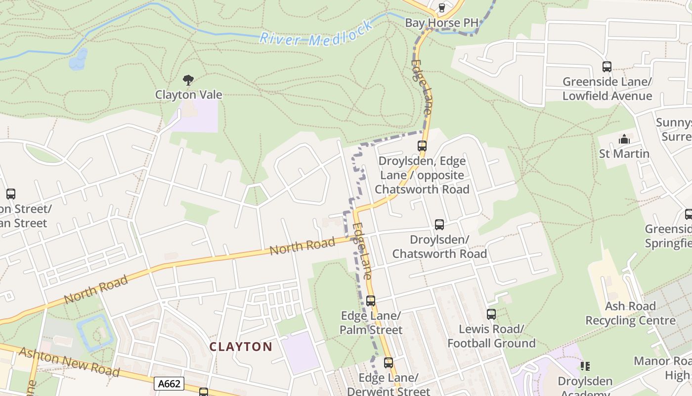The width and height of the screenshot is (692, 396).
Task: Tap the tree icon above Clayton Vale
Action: [x=188, y=80]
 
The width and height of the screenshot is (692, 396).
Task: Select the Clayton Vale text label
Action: [x=188, y=95]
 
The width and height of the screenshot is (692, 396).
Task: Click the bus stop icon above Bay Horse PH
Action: [x=442, y=7]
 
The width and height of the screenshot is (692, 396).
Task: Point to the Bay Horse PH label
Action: [x=441, y=23]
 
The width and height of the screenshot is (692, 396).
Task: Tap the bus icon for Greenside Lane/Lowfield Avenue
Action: [x=606, y=66]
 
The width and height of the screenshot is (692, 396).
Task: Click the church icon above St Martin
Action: [x=624, y=139]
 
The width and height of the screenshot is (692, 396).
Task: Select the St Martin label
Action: [x=624, y=153]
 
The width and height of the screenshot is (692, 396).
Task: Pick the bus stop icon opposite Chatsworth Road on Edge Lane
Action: [x=422, y=146]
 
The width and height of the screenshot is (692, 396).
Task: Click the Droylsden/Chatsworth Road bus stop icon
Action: [x=439, y=225]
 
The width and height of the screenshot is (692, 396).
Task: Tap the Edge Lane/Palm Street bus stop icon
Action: [x=371, y=300]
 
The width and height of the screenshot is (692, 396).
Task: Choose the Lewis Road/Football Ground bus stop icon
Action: [x=491, y=314]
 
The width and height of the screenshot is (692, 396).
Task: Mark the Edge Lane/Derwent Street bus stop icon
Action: [x=389, y=362]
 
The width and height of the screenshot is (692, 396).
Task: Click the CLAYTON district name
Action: [x=241, y=346]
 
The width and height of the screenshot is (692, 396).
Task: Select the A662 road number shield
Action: [x=169, y=384]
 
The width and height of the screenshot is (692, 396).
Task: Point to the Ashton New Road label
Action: [x=69, y=361]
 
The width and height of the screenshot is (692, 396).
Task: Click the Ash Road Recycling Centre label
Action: [x=630, y=313]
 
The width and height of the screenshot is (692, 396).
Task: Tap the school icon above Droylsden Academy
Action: [x=585, y=366]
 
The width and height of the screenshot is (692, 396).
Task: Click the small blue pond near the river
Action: [x=78, y=59]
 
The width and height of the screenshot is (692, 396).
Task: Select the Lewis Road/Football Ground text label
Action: [x=491, y=336]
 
